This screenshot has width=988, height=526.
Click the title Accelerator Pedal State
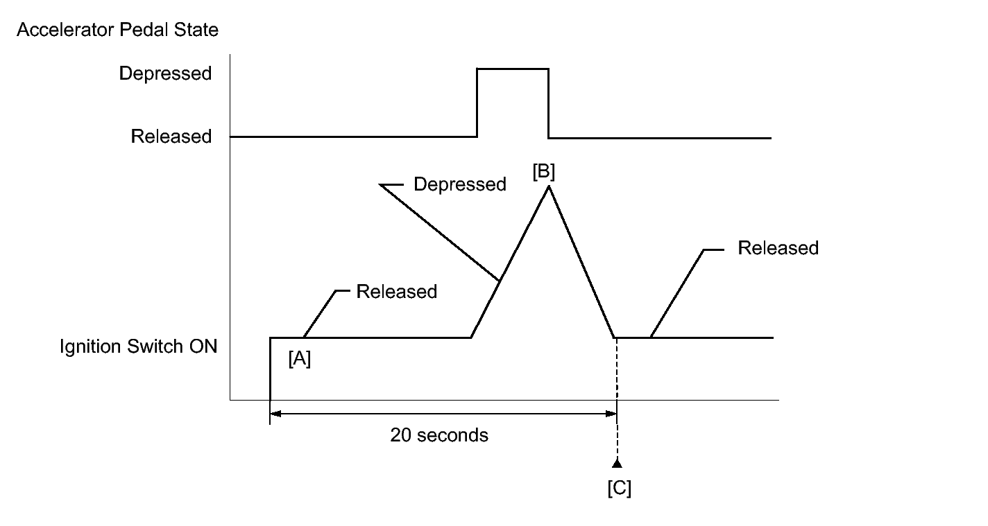(117, 30)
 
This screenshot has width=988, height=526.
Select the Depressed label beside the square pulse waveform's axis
(165, 73)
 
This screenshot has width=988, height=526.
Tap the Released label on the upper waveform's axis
(171, 137)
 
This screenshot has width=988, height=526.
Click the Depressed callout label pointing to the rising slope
(459, 184)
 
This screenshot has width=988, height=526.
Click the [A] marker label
(300, 359)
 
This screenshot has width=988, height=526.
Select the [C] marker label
(619, 488)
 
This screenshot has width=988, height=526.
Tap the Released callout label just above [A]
(396, 292)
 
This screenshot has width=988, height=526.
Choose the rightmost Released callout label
(778, 248)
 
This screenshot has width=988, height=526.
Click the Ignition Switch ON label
(139, 346)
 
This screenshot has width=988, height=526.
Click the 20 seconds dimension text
(439, 435)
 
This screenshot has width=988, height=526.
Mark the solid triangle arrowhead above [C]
(617, 462)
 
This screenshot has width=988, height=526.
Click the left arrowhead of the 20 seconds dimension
(275, 414)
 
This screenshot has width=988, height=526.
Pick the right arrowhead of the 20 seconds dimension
(611, 414)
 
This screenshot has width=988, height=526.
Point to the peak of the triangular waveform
(549, 186)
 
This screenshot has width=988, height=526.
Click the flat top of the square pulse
(513, 69)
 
